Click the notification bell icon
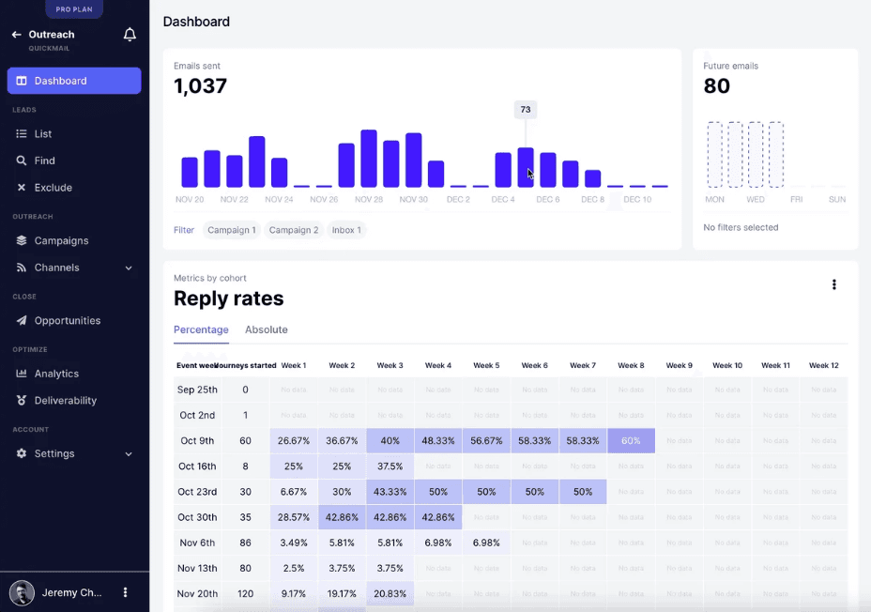click(x=130, y=35)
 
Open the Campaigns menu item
click(x=61, y=240)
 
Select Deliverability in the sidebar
click(x=65, y=400)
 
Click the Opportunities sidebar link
click(x=67, y=320)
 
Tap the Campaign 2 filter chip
click(x=293, y=230)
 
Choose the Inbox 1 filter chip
click(x=346, y=230)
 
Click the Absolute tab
click(x=266, y=329)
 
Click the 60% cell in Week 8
click(x=631, y=440)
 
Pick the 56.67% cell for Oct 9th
click(x=486, y=440)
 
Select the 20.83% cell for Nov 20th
click(x=390, y=593)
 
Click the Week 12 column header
click(x=823, y=365)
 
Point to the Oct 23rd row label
click(x=197, y=492)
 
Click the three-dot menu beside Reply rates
click(x=833, y=284)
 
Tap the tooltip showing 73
click(x=526, y=110)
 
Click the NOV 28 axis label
click(x=369, y=199)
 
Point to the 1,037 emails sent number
click(x=200, y=86)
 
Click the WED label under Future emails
click(x=755, y=199)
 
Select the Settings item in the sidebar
click(x=54, y=453)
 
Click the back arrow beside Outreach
click(x=16, y=35)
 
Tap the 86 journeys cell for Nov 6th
click(x=245, y=543)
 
